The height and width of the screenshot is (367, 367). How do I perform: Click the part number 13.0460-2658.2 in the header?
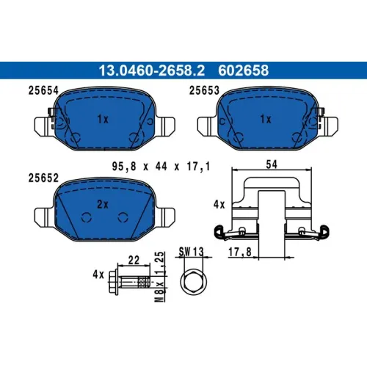[152, 70]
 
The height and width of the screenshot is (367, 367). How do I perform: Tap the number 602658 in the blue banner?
[243, 70]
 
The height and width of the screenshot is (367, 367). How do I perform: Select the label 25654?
[43, 90]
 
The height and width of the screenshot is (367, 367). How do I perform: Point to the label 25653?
[204, 90]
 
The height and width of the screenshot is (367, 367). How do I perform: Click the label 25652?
[43, 178]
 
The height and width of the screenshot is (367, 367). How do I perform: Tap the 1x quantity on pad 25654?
[103, 119]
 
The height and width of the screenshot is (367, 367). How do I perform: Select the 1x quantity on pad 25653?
[266, 119]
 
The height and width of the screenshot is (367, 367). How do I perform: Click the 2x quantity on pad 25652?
[103, 204]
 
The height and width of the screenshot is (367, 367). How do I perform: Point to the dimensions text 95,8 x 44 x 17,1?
[161, 167]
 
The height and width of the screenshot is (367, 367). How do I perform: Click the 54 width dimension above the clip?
[272, 164]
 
